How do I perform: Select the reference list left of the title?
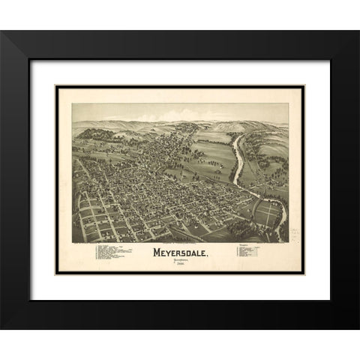112,254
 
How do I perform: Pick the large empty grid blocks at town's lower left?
97,217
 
